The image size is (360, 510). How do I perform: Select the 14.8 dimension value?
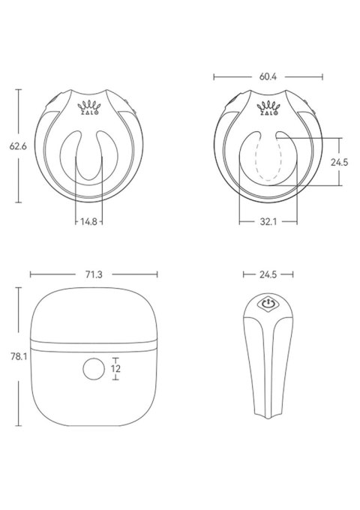[x=88, y=221]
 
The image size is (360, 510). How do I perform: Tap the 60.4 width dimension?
[x=268, y=76]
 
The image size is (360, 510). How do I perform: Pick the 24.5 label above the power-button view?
[x=268, y=275]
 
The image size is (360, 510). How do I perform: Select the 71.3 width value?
[x=93, y=275]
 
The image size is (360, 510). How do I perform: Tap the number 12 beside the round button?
[x=115, y=368]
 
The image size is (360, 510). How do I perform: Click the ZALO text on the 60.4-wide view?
[x=267, y=113]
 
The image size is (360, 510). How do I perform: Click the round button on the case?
[x=93, y=369]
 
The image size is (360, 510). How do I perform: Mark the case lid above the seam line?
[x=93, y=315]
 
